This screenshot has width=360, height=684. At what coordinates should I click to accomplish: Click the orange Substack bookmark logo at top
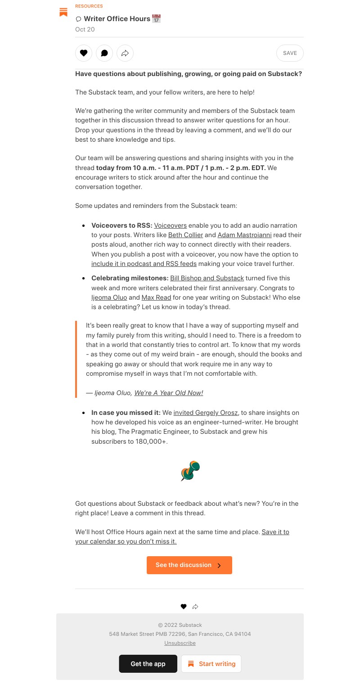[63, 12]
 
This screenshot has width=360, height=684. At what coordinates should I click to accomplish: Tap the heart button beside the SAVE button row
[84, 53]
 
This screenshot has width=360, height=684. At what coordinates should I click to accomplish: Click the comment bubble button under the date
[104, 53]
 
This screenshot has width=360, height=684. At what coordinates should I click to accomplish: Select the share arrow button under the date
[125, 53]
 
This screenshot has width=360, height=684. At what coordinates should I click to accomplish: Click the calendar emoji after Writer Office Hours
[156, 19]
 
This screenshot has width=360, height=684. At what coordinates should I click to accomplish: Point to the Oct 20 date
[85, 29]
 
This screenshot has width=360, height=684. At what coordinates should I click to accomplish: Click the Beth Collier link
[185, 235]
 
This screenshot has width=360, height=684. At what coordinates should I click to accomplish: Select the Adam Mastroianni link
[244, 235]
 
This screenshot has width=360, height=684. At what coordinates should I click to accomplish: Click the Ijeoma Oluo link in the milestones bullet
[109, 297]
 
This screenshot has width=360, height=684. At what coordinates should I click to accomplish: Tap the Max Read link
[156, 297]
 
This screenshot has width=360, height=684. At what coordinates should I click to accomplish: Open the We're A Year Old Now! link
[169, 393]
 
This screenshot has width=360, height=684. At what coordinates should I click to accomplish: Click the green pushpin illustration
[190, 471]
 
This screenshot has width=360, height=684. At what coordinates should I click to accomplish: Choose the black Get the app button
[148, 664]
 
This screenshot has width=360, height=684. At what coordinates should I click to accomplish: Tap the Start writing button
[211, 664]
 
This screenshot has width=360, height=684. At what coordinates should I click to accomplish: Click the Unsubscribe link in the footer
[180, 643]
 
